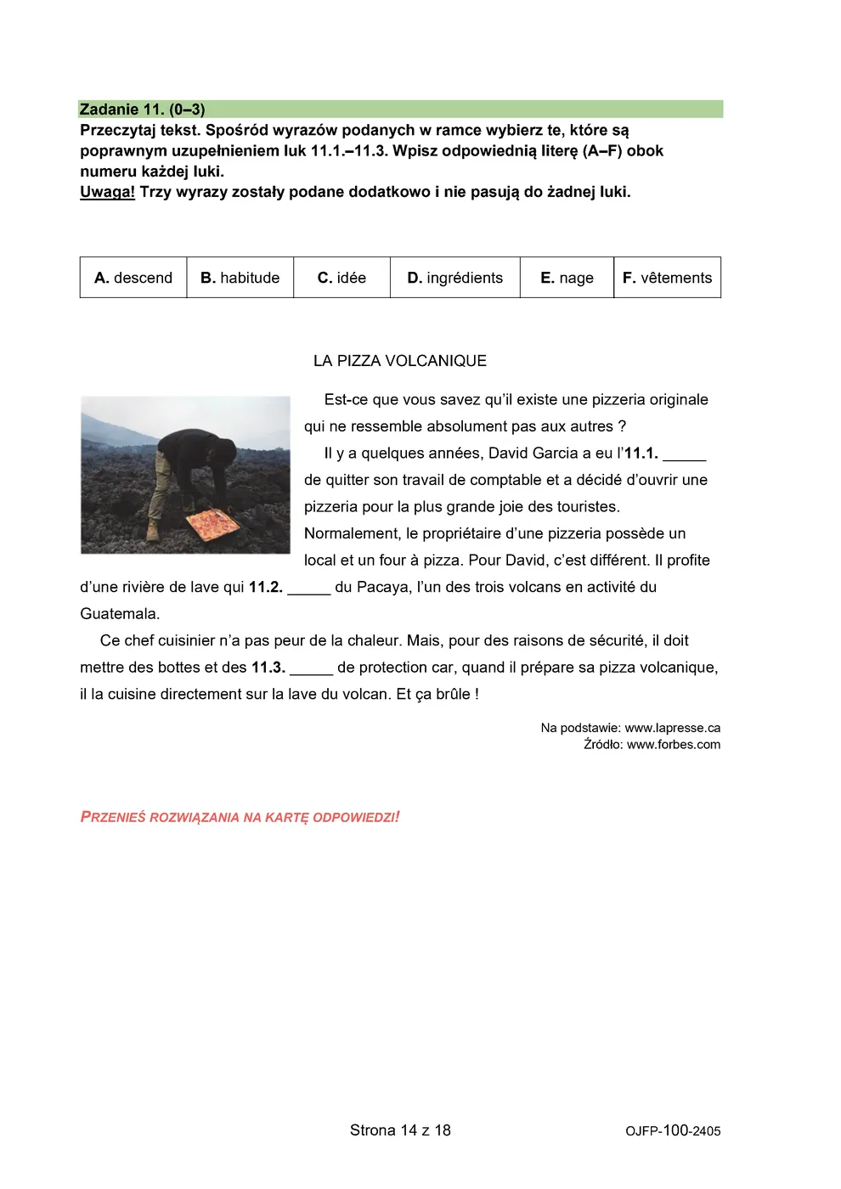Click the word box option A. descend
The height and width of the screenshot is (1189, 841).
click(x=133, y=278)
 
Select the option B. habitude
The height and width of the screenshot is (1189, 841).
click(x=240, y=278)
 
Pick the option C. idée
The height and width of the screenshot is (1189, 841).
click(x=341, y=278)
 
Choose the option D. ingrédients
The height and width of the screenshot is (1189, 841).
click(x=455, y=278)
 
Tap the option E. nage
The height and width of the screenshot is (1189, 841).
click(x=567, y=278)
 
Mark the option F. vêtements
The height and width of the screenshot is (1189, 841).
click(x=668, y=278)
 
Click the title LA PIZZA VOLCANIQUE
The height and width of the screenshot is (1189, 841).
click(x=400, y=361)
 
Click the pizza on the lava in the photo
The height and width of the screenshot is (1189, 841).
click(x=212, y=524)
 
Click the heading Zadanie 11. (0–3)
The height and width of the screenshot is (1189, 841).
click(x=142, y=110)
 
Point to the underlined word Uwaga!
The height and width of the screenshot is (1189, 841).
click(x=107, y=192)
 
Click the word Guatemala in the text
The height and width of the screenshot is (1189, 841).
click(x=119, y=614)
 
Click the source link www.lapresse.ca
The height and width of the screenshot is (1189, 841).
click(x=673, y=728)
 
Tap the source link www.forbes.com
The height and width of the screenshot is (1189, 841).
click(x=674, y=745)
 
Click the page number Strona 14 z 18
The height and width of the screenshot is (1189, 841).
click(x=400, y=1130)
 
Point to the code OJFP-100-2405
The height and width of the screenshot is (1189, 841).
click(x=673, y=1131)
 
